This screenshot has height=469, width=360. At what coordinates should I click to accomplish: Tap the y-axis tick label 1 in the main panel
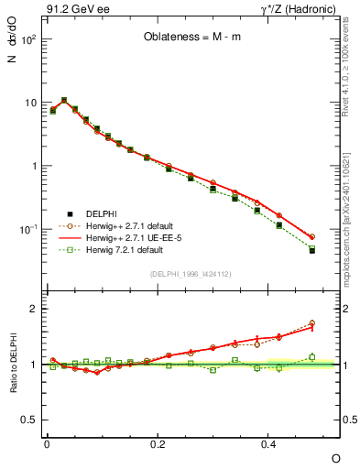tap(34, 167)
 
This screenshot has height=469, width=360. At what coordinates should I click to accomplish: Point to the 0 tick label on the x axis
tap(47, 444)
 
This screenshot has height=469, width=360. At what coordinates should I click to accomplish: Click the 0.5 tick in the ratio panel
tap(29, 420)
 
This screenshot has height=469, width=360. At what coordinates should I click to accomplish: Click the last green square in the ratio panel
tap(311, 357)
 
